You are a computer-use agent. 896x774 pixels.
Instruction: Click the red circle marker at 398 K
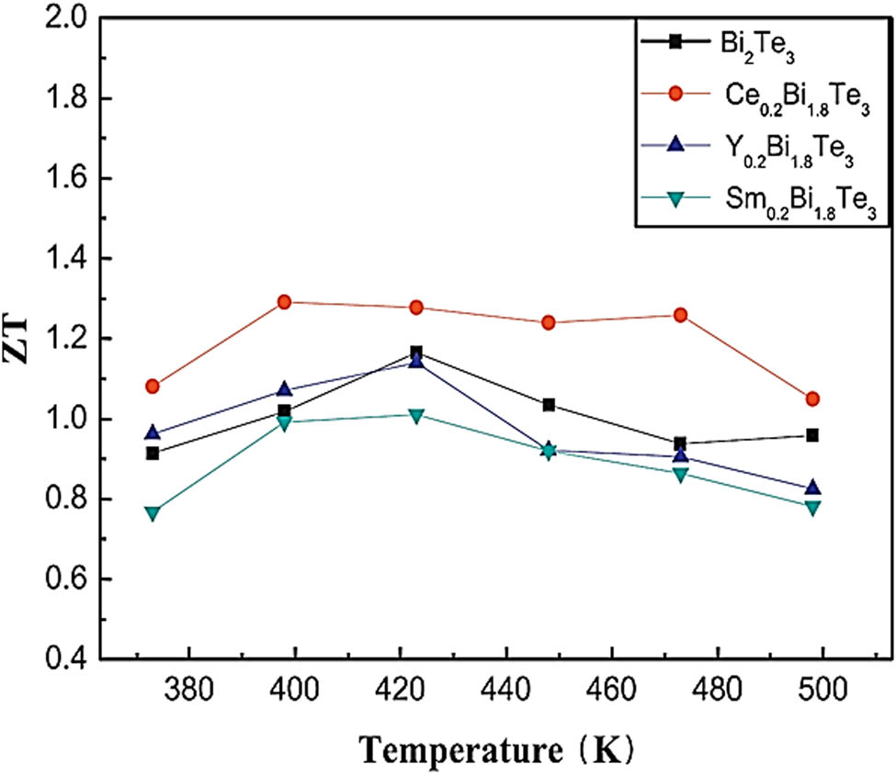pyautogui.click(x=284, y=302)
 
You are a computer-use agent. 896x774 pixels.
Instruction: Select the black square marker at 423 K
pyautogui.click(x=416, y=353)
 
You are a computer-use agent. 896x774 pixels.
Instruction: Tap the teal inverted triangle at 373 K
pyautogui.click(x=153, y=512)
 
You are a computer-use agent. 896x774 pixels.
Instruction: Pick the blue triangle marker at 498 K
pyautogui.click(x=812, y=488)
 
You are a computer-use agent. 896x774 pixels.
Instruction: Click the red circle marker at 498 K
pyautogui.click(x=812, y=399)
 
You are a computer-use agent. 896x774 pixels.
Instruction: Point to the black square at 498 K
pyautogui.click(x=812, y=435)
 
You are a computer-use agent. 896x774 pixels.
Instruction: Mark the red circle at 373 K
pyautogui.click(x=153, y=387)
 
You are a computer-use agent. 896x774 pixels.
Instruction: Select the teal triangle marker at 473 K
pyautogui.click(x=680, y=475)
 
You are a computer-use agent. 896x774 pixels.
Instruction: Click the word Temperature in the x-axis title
pyautogui.click(x=450, y=749)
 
